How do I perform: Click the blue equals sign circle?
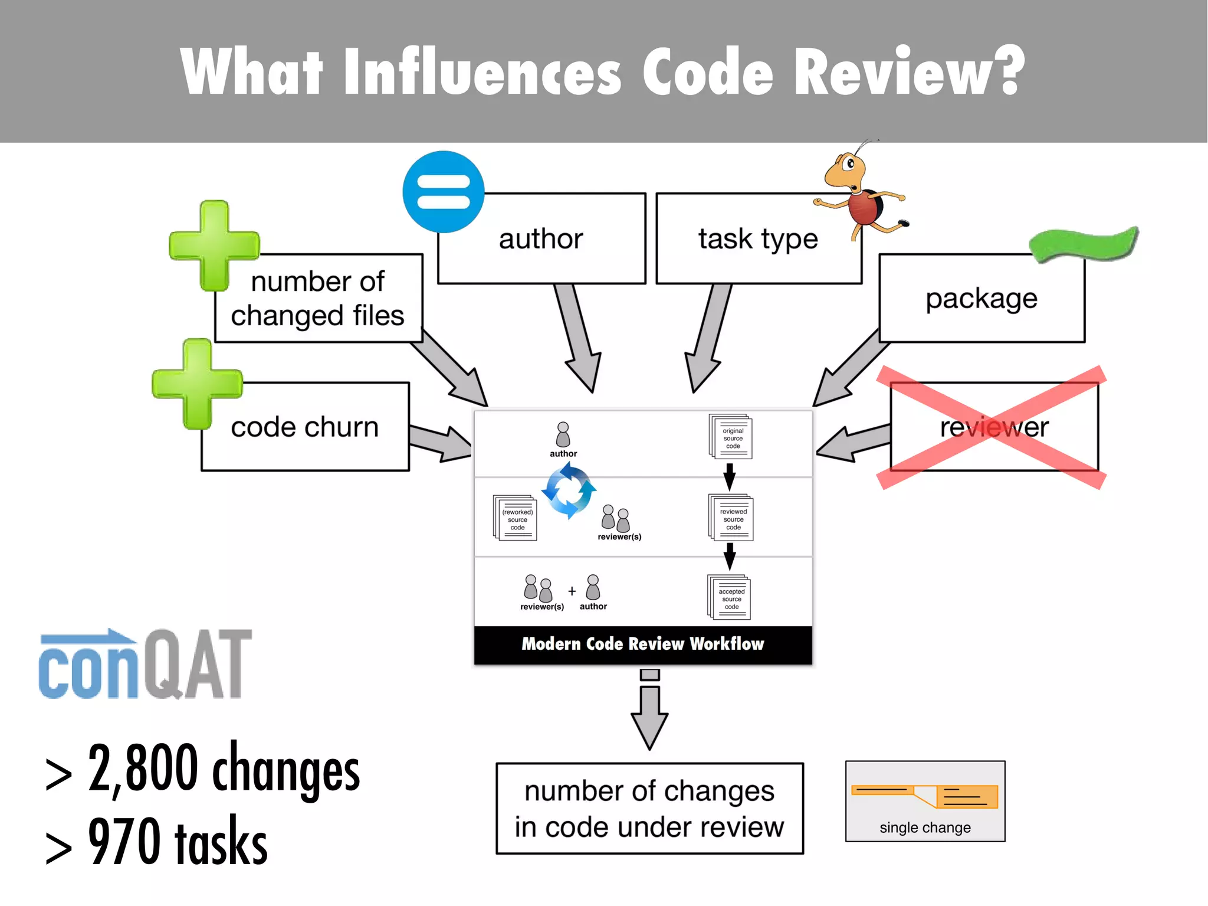444,192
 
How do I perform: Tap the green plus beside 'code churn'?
197,384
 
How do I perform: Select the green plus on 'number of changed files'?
214,246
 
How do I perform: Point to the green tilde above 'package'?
1084,244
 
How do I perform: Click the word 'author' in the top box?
541,239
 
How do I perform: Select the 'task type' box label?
758,239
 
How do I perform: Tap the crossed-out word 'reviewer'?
994,427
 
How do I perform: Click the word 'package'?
981,299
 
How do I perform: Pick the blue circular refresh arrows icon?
569,490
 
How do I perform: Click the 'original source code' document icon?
731,437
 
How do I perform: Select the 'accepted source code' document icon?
730,597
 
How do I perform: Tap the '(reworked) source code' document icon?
515,518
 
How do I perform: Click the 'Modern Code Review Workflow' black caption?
642,644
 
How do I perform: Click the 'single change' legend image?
925,801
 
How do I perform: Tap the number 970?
124,842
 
